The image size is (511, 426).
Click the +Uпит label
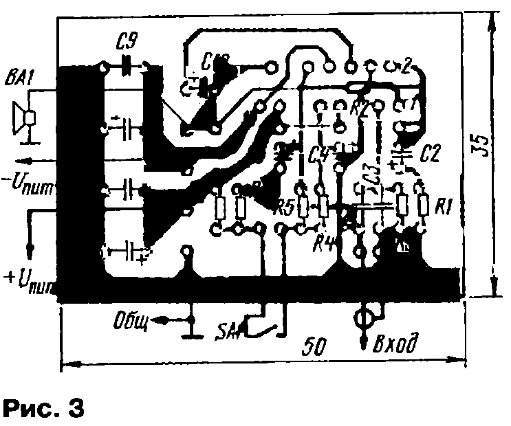(x=29, y=279)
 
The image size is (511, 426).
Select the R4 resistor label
(x=323, y=240)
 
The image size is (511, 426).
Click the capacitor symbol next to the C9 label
(x=127, y=67)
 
